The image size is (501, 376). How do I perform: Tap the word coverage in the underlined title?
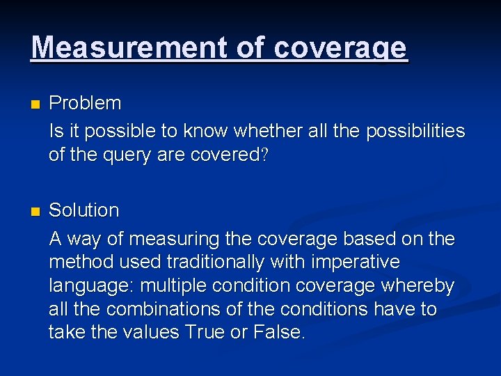coord(340,47)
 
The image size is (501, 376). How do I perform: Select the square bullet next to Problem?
coord(35,104)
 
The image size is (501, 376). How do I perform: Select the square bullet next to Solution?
coord(35,211)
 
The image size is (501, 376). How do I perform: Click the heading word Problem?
coord(85,104)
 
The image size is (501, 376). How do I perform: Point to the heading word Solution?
coord(83,210)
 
